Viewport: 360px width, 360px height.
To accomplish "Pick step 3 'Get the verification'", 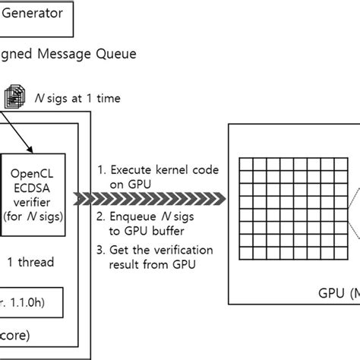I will click(x=148, y=251).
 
